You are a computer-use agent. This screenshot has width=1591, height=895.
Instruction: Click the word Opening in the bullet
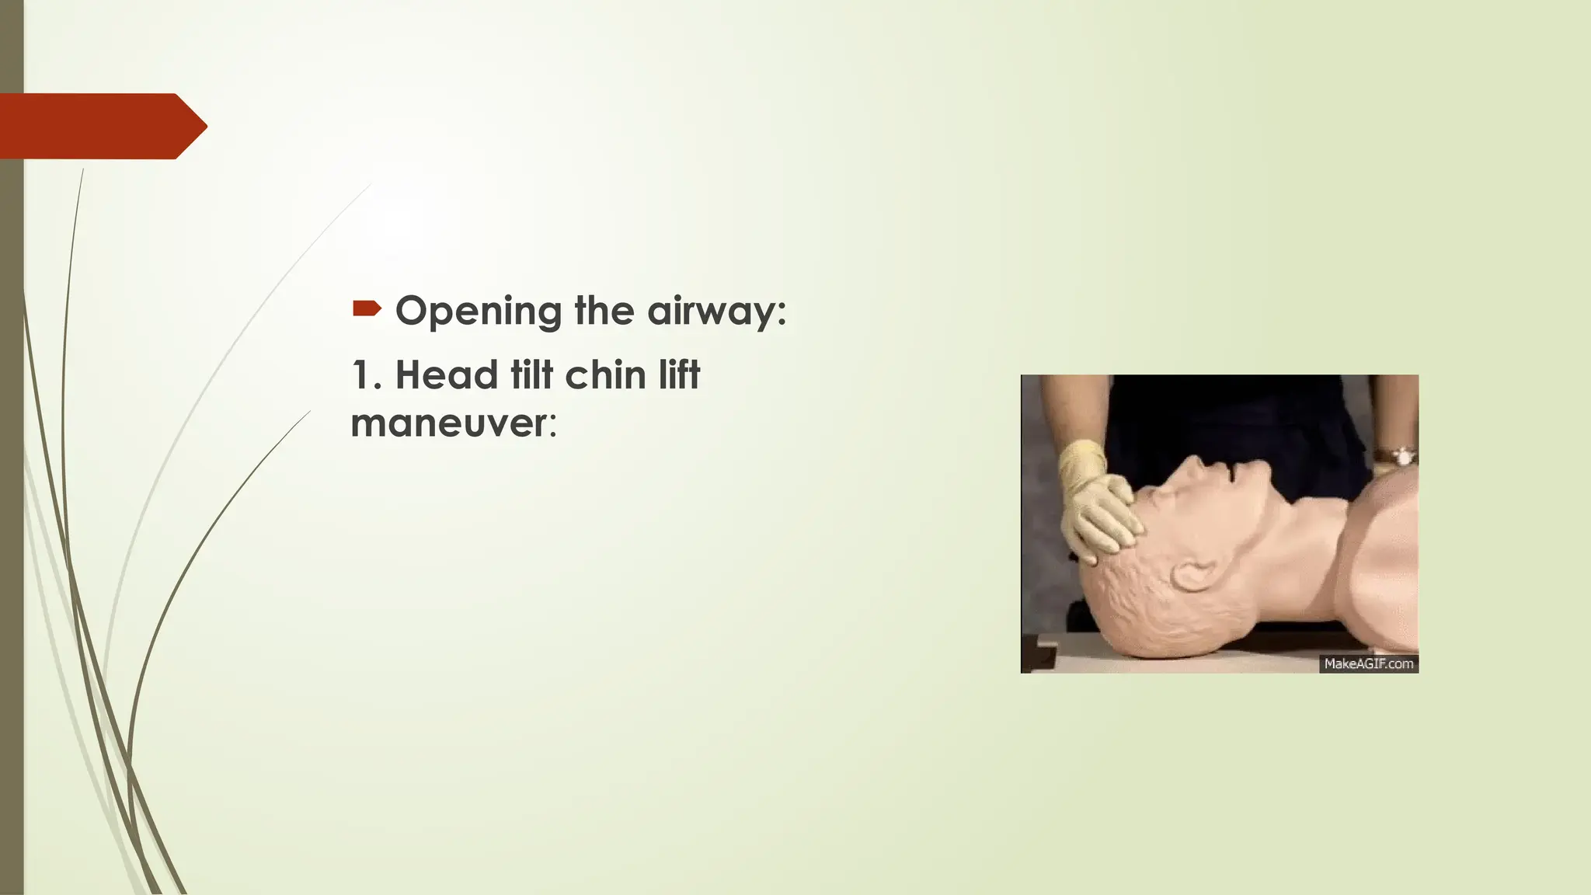478,312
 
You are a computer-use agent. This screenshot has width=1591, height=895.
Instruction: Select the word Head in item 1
447,375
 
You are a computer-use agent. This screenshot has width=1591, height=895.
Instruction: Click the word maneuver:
454,424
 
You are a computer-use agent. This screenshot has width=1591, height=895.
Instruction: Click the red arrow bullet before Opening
367,309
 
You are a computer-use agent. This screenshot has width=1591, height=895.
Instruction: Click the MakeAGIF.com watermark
1368,663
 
